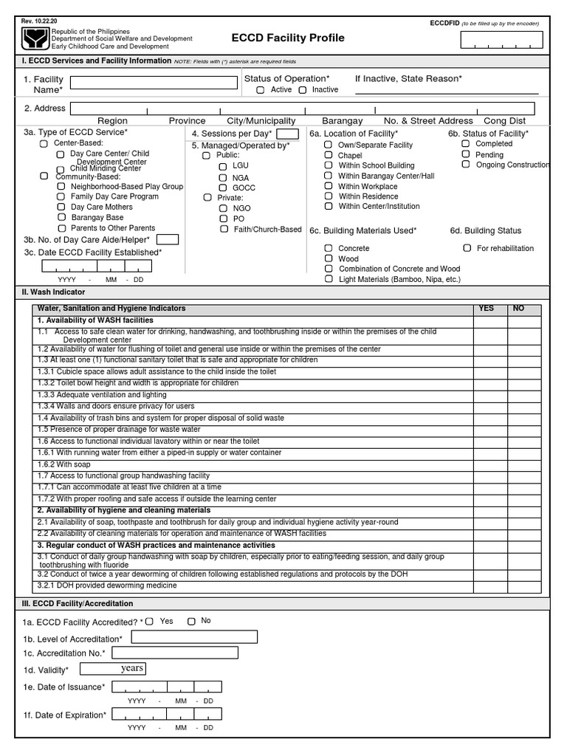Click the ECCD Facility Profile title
pyautogui.click(x=288, y=38)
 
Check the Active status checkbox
pyautogui.click(x=261, y=90)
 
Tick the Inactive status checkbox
pyautogui.click(x=303, y=90)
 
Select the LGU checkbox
pyautogui.click(x=223, y=166)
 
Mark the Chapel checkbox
pyautogui.click(x=328, y=156)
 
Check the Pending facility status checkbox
pyautogui.click(x=466, y=154)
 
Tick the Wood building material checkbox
pyautogui.click(x=328, y=258)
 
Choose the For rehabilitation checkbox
pyautogui.click(x=467, y=248)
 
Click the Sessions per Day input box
pyautogui.click(x=287, y=134)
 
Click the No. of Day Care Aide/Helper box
pyautogui.click(x=168, y=239)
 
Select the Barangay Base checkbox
pyautogui.click(x=61, y=218)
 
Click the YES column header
pyautogui.click(x=487, y=309)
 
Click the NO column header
pyautogui.click(x=518, y=309)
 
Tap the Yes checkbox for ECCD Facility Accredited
pyautogui.click(x=151, y=622)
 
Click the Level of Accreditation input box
pyautogui.click(x=194, y=637)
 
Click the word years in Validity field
pyautogui.click(x=132, y=669)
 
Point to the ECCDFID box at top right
pyautogui.click(x=499, y=41)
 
